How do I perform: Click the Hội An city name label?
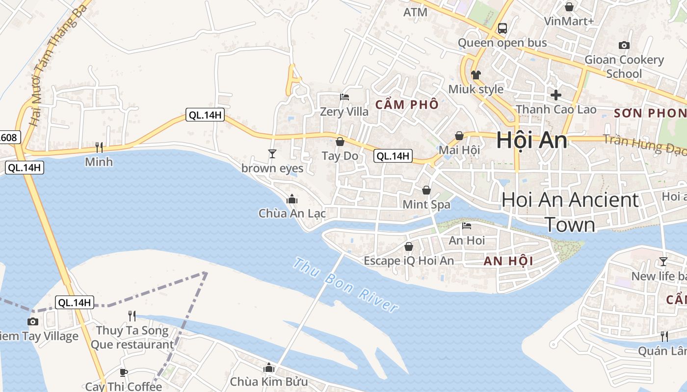click(531, 141)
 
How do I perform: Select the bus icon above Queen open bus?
click(502, 28)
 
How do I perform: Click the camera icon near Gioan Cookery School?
click(624, 46)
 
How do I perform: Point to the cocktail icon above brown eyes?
click(272, 154)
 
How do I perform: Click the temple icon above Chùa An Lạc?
click(292, 199)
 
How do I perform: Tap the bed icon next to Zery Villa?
click(344, 97)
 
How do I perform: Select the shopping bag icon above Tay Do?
click(340, 142)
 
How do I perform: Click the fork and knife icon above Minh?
click(99, 147)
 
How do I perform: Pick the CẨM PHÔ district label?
click(407, 105)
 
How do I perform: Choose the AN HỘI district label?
click(508, 261)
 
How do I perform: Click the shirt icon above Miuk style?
click(476, 75)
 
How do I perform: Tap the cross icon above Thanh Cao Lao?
click(555, 95)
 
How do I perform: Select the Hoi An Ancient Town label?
click(570, 212)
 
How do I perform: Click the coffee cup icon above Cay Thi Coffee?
click(123, 372)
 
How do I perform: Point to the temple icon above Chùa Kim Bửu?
click(268, 367)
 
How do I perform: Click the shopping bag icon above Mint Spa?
click(426, 190)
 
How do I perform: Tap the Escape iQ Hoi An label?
click(409, 261)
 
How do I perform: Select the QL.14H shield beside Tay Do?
click(392, 156)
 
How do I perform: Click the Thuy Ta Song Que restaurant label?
click(132, 337)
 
